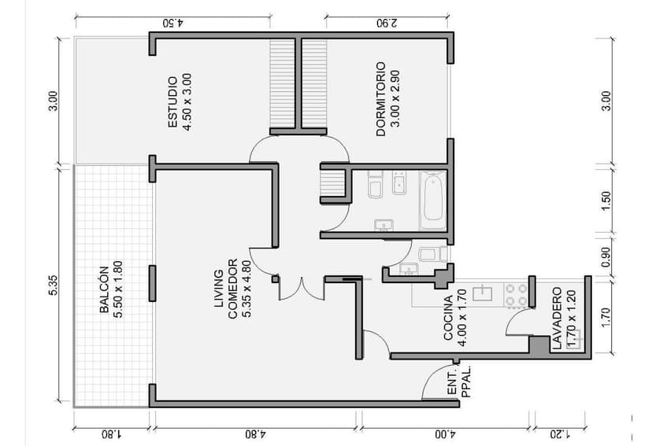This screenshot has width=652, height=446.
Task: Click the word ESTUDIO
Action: pyautogui.click(x=172, y=101)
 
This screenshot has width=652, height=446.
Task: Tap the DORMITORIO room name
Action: pyautogui.click(x=380, y=100)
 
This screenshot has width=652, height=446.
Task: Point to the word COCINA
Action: pyautogui.click(x=448, y=318)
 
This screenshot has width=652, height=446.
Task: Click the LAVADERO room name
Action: pyautogui.click(x=556, y=318)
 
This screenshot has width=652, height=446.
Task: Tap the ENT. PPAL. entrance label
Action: pyautogui.click(x=459, y=381)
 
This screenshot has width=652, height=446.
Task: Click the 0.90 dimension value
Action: pyautogui.click(x=605, y=257)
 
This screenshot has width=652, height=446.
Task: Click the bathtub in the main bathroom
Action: pyautogui.click(x=432, y=200)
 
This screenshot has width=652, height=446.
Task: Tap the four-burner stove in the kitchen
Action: pyautogui.click(x=517, y=295)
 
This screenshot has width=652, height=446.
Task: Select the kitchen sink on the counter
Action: pyautogui.click(x=480, y=293)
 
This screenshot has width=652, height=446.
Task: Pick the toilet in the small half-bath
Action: pyautogui.click(x=429, y=254)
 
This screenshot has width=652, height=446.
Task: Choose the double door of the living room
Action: pyautogui.click(x=302, y=289)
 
